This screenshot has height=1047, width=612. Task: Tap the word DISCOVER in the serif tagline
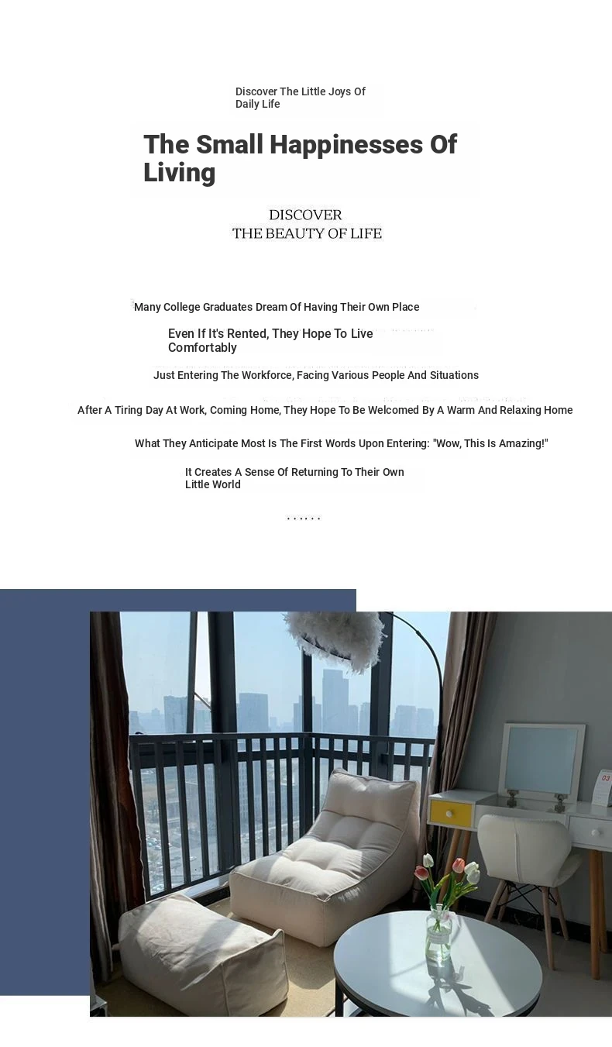click(305, 215)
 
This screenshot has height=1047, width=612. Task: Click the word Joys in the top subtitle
click(339, 91)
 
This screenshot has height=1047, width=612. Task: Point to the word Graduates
click(228, 307)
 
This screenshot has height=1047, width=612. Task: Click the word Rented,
click(247, 334)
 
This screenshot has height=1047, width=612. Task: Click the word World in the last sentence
click(225, 484)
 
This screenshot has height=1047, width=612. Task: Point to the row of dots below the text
click(304, 518)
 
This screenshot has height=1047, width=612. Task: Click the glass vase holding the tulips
click(439, 934)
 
